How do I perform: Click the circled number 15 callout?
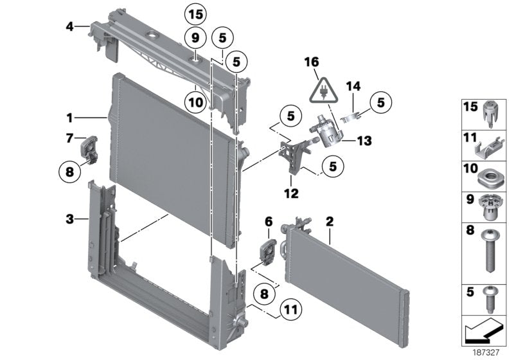[195, 13]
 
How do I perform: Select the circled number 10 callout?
[195, 101]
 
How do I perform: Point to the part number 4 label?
[69, 26]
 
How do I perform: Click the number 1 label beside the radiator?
[69, 118]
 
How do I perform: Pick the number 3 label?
[69, 220]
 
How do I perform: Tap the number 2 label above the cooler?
[329, 222]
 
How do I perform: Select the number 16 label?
[312, 62]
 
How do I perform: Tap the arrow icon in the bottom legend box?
[481, 332]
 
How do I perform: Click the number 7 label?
[69, 138]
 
